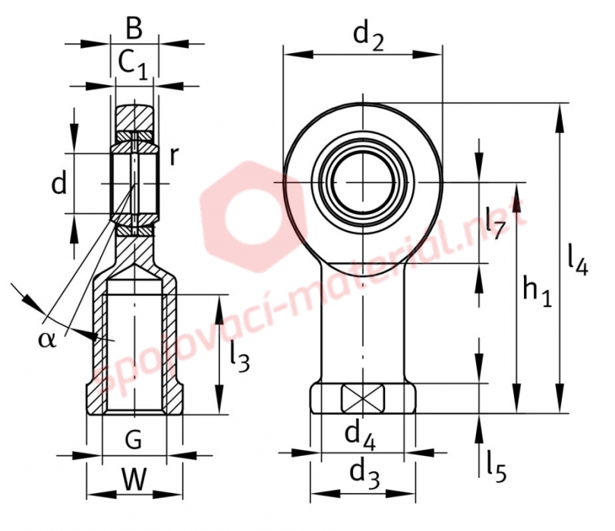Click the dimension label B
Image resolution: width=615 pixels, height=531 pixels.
134,29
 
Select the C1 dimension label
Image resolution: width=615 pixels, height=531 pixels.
133,64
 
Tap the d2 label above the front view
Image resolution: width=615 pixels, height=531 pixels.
368,37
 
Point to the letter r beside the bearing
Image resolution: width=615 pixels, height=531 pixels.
174,157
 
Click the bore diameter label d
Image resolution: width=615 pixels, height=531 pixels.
59,183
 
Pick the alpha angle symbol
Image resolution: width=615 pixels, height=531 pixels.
47,339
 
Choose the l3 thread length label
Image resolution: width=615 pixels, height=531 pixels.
240,357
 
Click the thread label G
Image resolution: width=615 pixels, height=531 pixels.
134,440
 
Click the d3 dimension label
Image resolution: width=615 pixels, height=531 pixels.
364,475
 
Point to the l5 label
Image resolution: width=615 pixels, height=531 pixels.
497,467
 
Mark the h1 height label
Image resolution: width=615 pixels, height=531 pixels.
538,291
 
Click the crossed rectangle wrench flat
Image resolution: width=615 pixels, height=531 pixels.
363,398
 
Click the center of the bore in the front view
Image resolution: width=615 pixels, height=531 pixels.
363,183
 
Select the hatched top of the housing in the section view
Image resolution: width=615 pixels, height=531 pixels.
134,118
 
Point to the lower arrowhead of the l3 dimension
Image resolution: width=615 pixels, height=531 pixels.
219,400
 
